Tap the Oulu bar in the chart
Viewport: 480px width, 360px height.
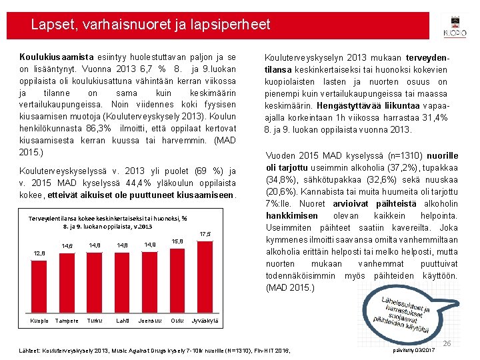click(x=177, y=281)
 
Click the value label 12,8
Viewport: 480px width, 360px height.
click(x=39, y=253)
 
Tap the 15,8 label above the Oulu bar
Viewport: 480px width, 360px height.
click(x=177, y=241)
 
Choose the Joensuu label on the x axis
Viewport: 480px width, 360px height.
click(x=150, y=321)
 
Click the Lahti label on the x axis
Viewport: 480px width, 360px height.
click(x=123, y=321)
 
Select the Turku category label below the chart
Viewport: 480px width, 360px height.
click(x=95, y=321)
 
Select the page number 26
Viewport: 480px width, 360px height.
click(x=447, y=343)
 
